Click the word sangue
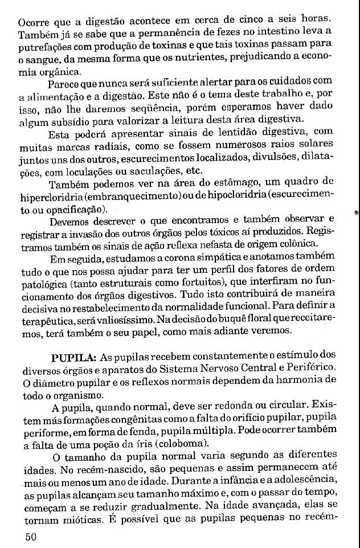[39, 62]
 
